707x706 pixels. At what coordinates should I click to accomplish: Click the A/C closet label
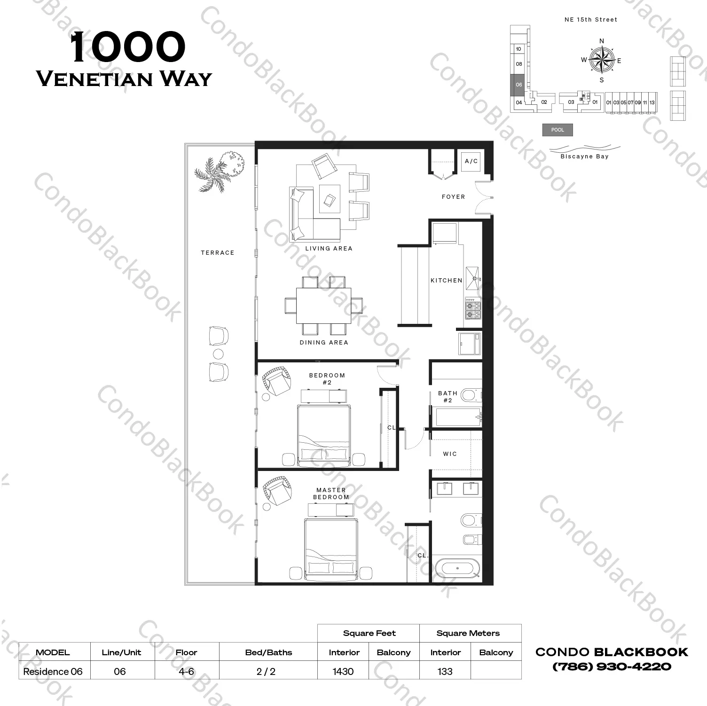tap(471, 161)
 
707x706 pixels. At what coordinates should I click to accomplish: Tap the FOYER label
tap(453, 197)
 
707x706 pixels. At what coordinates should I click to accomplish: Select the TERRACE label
tap(217, 253)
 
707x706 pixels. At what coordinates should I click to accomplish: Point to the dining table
tap(323, 306)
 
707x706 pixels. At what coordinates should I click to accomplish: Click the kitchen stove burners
tap(473, 308)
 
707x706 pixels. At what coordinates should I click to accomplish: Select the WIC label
tap(450, 454)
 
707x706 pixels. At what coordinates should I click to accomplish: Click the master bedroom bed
tap(331, 550)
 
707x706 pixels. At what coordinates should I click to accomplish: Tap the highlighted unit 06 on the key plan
tap(518, 85)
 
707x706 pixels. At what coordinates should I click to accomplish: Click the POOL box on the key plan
tap(558, 130)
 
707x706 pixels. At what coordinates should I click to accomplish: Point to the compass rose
tap(602, 61)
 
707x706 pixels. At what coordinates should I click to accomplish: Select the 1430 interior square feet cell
tap(343, 671)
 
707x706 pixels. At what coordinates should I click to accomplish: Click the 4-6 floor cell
tap(187, 671)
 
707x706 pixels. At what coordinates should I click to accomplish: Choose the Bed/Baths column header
tap(268, 652)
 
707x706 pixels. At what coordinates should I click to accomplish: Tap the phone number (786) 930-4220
tap(612, 667)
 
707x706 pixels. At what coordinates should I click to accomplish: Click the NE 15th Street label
tap(591, 20)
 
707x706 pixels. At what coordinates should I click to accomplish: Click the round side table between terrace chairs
tap(219, 354)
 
